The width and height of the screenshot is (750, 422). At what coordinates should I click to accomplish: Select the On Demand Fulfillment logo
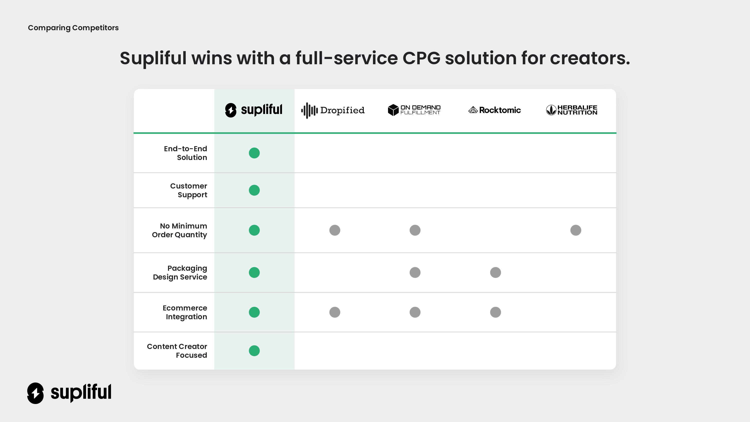click(414, 110)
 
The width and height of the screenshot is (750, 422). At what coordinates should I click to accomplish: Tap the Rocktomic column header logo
click(494, 110)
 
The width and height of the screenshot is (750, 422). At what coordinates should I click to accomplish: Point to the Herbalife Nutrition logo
click(571, 110)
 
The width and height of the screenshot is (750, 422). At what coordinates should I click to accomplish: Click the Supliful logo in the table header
click(253, 110)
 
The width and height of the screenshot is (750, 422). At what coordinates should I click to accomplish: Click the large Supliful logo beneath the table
click(69, 393)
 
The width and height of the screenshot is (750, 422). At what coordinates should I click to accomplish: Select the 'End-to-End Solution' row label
click(185, 153)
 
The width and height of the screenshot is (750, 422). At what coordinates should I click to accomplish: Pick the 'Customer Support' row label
click(189, 190)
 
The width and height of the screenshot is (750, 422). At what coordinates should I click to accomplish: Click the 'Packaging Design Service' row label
click(180, 272)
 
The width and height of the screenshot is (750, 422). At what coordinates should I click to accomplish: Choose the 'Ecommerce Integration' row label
click(185, 312)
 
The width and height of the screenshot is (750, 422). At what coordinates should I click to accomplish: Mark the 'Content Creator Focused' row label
click(177, 351)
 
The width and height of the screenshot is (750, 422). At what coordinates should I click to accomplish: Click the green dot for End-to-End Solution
click(254, 153)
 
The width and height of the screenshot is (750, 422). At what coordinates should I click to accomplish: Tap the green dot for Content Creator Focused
click(254, 351)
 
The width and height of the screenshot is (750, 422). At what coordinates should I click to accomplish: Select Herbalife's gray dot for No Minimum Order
click(575, 230)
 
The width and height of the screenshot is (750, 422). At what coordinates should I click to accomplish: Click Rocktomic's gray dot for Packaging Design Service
click(495, 272)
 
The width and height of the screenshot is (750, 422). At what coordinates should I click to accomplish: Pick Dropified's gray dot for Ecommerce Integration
click(334, 312)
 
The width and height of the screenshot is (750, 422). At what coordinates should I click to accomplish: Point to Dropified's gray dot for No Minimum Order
click(334, 230)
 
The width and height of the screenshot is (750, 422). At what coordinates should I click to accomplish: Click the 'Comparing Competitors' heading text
click(73, 28)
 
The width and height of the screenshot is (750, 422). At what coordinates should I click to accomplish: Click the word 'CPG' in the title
click(421, 58)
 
